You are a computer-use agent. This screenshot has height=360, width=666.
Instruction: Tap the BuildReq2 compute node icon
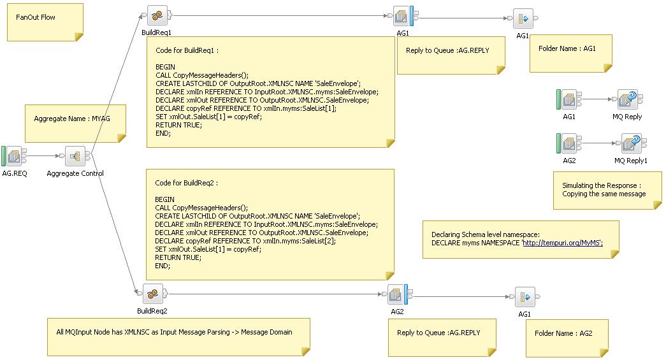[151, 294]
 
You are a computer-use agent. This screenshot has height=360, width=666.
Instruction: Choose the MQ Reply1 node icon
[631, 143]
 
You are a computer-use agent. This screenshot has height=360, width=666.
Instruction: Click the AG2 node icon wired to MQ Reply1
[569, 143]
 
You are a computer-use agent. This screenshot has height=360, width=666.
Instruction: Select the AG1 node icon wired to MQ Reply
[569, 99]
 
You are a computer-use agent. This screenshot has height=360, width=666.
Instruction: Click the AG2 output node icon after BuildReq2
[398, 294]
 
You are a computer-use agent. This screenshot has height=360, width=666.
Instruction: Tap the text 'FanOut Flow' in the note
[36, 17]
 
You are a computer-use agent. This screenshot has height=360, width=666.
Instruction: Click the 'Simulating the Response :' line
[601, 185]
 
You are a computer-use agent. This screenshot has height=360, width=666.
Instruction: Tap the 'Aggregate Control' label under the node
[75, 174]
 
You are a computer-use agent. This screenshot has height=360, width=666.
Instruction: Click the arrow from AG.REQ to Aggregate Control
[45, 155]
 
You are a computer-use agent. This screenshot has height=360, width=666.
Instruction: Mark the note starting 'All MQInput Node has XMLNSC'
[174, 332]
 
